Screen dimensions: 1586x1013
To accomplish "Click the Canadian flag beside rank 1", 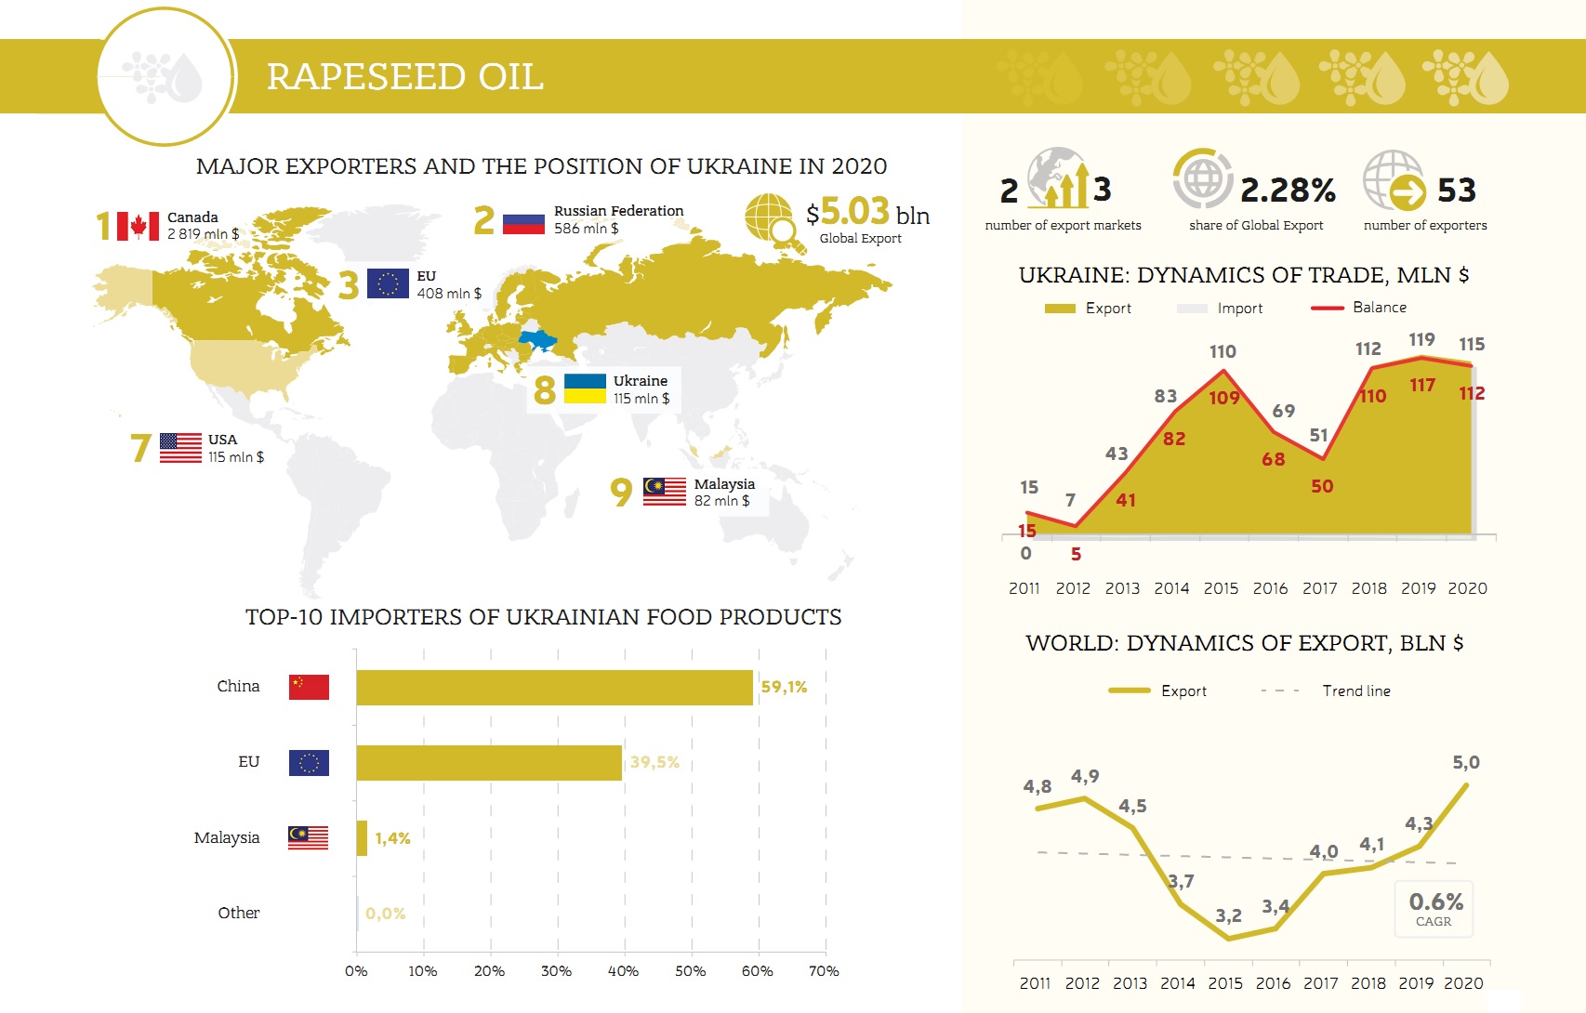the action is tap(138, 226).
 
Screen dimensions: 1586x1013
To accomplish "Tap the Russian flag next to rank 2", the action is tap(523, 224).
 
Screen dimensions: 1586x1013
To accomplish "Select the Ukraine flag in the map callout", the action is tap(585, 388).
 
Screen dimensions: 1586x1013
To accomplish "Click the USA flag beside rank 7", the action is tap(180, 447).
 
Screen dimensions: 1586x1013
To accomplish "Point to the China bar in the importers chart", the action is tap(554, 688).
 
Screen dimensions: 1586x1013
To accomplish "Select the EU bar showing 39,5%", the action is tap(489, 762).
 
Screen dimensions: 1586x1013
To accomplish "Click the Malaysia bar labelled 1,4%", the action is tap(362, 838).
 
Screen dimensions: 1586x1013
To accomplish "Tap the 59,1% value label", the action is tap(784, 687).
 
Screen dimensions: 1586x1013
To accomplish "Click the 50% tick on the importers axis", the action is tap(691, 971).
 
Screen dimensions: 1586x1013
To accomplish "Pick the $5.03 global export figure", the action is tap(848, 212).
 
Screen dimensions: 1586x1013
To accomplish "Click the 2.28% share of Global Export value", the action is tap(1288, 190).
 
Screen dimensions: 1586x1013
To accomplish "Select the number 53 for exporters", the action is tap(1457, 190).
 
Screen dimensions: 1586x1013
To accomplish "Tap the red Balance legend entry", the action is tap(1359, 308).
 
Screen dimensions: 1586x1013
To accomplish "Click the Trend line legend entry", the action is tap(1326, 691).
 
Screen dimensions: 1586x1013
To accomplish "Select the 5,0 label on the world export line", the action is tap(1466, 762).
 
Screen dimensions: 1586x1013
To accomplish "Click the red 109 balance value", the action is tap(1224, 398).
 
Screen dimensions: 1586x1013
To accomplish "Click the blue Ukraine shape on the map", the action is tap(538, 341).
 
